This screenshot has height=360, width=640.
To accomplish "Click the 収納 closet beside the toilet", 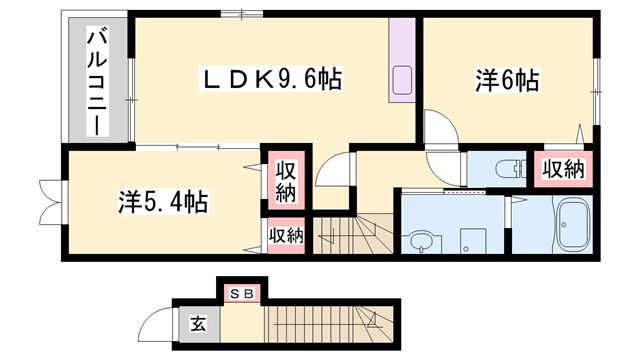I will coord(563,170).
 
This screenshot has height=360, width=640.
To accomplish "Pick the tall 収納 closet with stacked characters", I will coord(284,180).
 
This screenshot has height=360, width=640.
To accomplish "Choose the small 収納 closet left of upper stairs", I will coord(285,236).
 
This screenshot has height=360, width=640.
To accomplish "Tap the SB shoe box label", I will coord(241,293).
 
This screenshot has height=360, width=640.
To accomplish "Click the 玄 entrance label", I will coord(198,323).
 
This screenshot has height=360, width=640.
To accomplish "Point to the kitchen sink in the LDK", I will coord(402,79).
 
